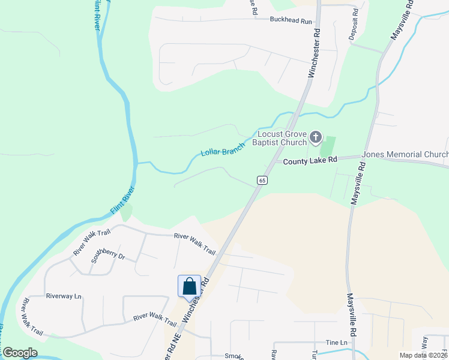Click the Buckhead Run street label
coord(291,21)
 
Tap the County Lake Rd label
coord(310,161)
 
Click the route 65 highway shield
coord(262,180)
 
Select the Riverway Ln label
coord(63,296)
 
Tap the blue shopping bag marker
coord(189,286)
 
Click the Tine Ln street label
coord(336,343)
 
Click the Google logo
coord(20,352)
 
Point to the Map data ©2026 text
coord(423,355)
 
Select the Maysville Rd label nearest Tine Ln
coord(352,314)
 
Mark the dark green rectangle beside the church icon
coord(327,146)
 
